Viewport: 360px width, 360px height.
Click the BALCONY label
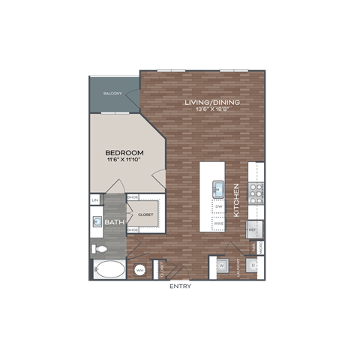(113, 94)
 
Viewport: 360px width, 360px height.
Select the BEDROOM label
(124, 153)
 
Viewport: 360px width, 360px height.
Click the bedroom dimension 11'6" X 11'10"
(124, 160)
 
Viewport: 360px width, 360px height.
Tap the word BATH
(114, 223)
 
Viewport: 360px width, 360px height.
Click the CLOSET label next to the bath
(145, 213)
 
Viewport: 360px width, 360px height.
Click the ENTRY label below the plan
(180, 286)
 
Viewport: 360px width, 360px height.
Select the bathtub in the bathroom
(109, 269)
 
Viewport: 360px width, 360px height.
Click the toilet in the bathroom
(99, 247)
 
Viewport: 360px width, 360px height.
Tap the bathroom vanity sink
(97, 222)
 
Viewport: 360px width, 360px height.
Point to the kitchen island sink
(219, 187)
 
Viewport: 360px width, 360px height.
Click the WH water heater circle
(139, 270)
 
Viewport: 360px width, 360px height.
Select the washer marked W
(223, 265)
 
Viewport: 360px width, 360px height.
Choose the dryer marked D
(253, 265)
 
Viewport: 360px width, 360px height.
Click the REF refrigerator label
(253, 228)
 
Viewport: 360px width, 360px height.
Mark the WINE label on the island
(219, 223)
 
